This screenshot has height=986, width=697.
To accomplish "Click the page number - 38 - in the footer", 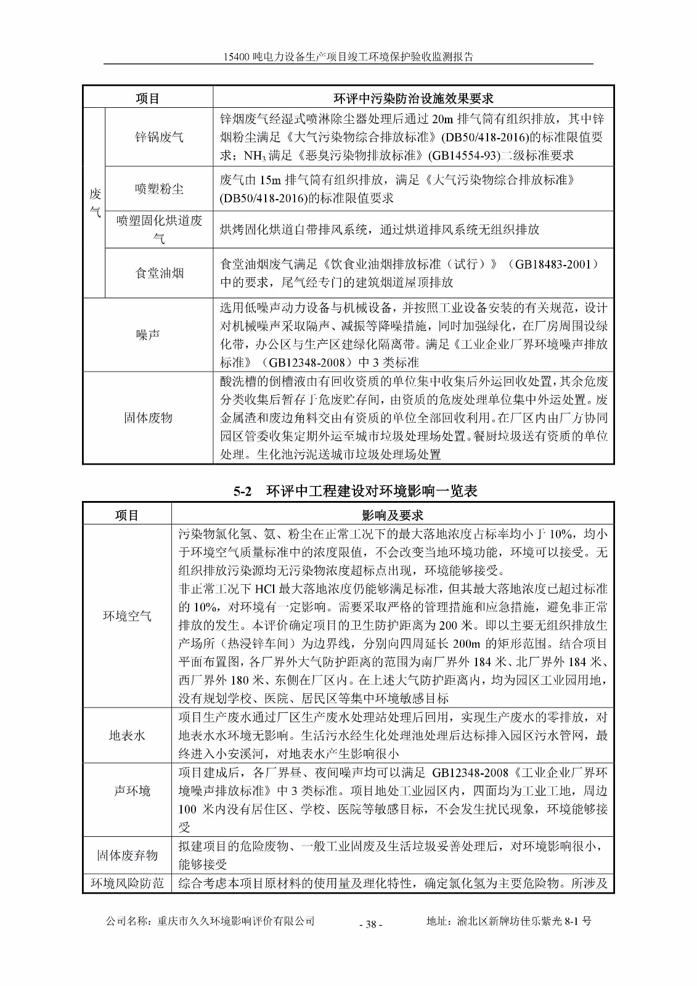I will [x=370, y=924].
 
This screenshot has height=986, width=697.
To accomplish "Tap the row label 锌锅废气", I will [x=159, y=137].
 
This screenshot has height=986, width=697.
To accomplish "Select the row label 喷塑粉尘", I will [x=159, y=189].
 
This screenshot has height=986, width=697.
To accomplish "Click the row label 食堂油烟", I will [x=159, y=273].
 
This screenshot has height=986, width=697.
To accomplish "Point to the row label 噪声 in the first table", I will [x=148, y=335].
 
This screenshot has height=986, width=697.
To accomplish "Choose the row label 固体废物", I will [x=148, y=418].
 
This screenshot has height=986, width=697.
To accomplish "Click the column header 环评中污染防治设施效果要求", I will [x=413, y=99].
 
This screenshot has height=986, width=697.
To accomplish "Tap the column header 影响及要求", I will [x=392, y=515].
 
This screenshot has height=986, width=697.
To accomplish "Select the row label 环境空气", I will [x=127, y=616].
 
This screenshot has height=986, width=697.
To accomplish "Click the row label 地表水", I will [x=127, y=735].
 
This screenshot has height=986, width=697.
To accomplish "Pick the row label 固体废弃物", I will [x=127, y=855].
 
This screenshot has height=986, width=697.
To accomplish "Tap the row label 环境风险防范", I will [x=127, y=883].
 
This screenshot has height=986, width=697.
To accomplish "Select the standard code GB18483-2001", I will [x=556, y=264].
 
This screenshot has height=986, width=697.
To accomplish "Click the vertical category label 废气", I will [x=95, y=203].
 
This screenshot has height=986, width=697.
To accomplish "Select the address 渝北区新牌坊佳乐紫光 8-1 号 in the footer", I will [x=524, y=921].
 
